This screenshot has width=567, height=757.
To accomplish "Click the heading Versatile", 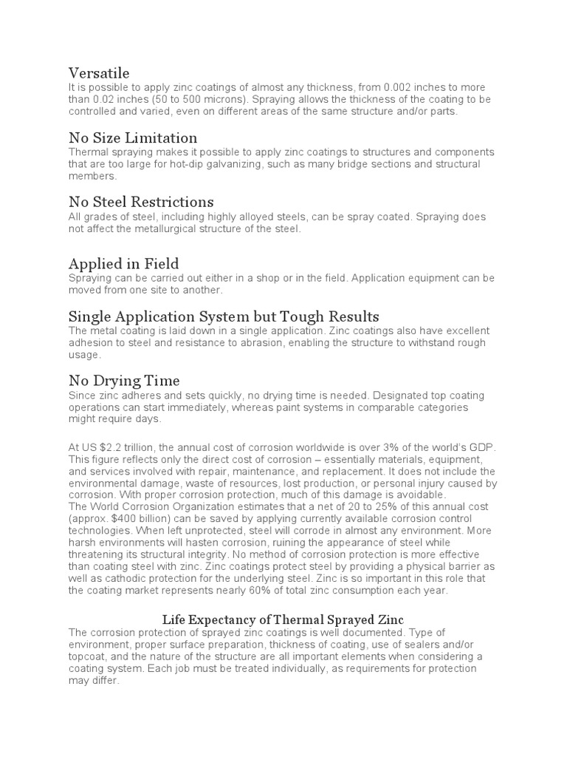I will point(99,73).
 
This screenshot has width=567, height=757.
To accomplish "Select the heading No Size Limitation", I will point(133,138).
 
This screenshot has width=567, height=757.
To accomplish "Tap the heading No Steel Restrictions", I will point(141,202).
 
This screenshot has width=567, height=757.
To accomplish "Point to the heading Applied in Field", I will point(124,264).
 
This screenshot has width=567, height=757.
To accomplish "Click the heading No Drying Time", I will point(124,381).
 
